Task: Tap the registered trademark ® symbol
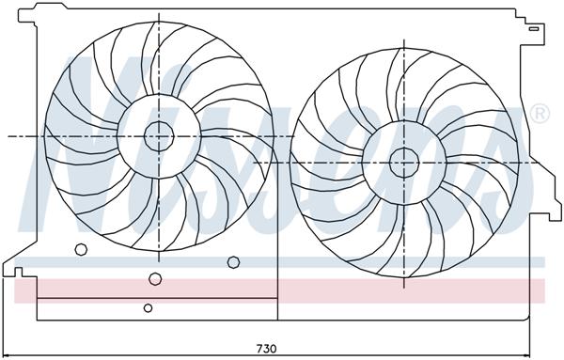tap(540, 115)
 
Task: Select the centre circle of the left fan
tap(160, 136)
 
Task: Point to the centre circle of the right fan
tap(403, 161)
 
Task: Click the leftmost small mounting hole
tap(81, 249)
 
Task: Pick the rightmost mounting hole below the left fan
tap(232, 262)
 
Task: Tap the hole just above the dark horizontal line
tap(155, 278)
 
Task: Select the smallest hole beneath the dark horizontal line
tap(149, 307)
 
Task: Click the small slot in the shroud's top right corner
tap(533, 27)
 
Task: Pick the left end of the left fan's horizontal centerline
tap(9, 136)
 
